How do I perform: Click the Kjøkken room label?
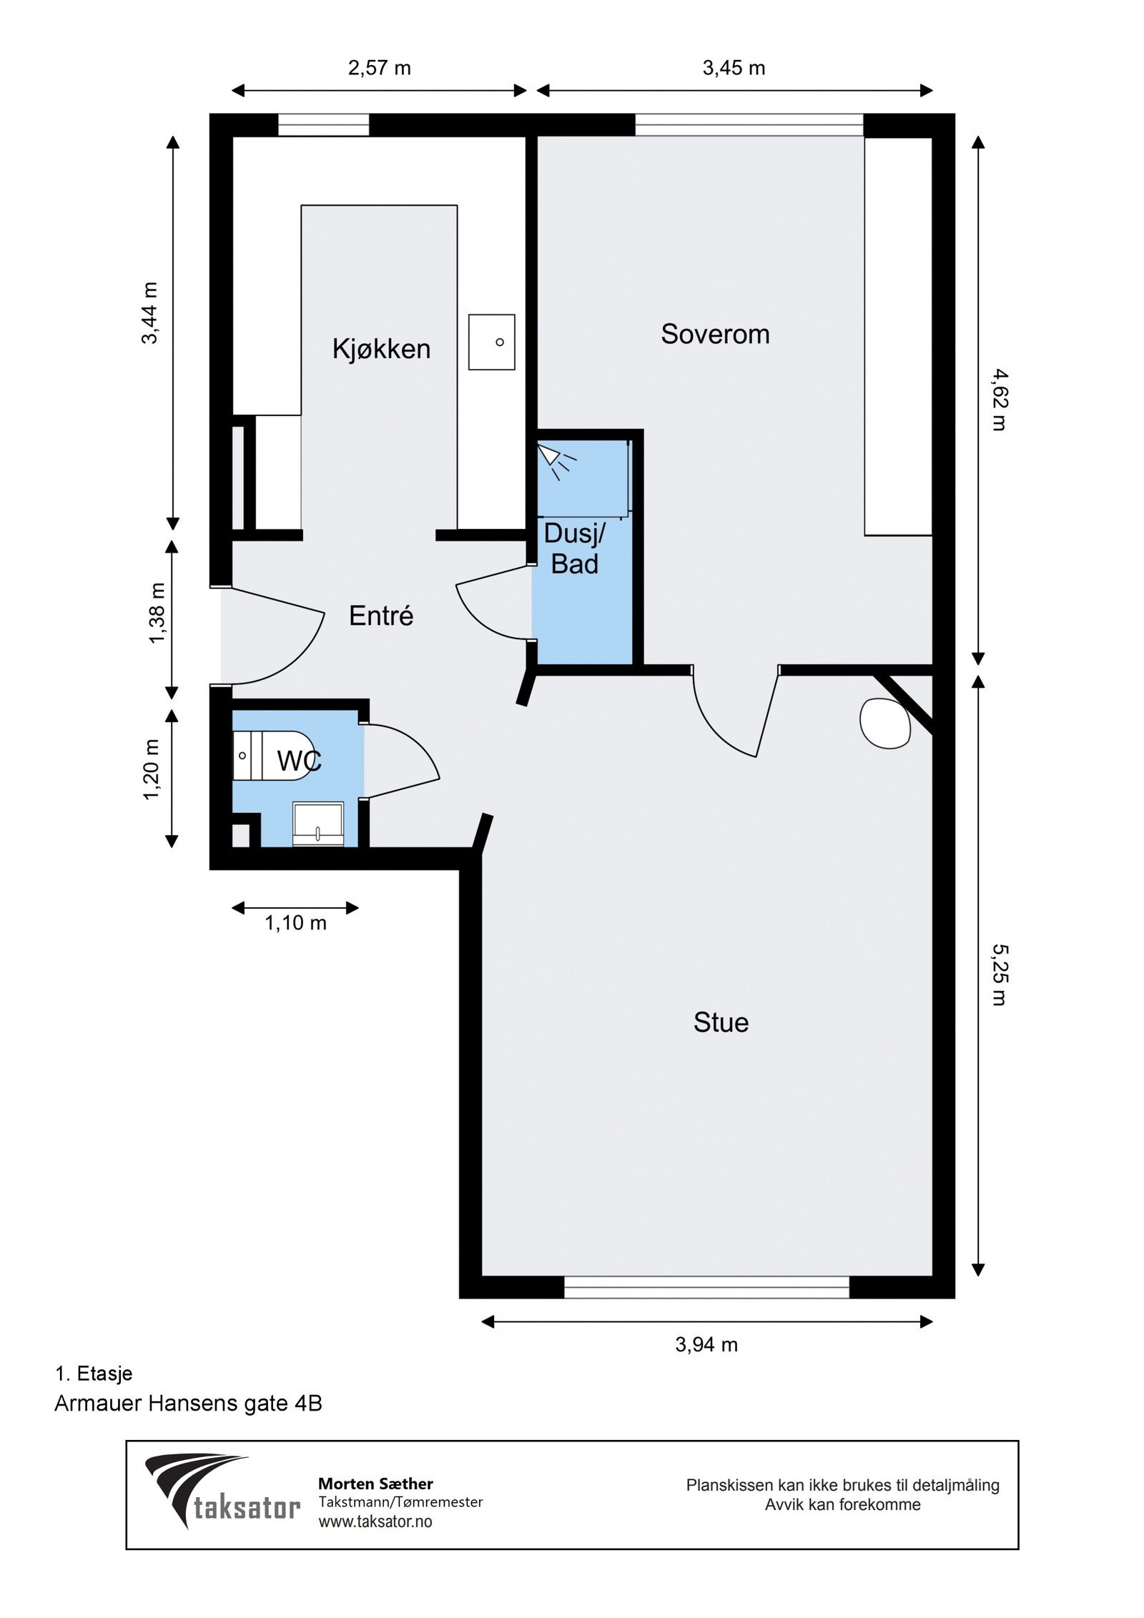tap(381, 349)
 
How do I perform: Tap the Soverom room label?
tap(715, 334)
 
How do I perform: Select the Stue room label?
tap(721, 1022)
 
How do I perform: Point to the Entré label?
tap(381, 616)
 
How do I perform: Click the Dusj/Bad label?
tap(575, 549)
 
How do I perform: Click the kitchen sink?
tap(492, 342)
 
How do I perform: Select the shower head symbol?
tap(557, 460)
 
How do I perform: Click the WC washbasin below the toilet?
tap(318, 824)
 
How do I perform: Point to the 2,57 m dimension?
tap(380, 68)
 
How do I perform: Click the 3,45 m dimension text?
tap(734, 68)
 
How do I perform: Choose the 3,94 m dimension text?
tap(706, 1345)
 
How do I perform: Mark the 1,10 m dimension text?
tap(296, 923)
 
